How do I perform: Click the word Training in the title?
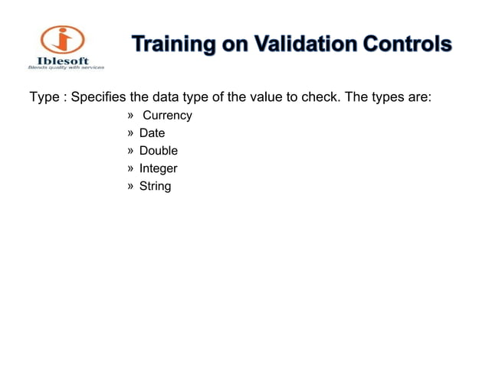(x=168, y=45)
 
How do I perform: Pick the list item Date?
(x=152, y=133)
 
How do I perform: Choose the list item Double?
(x=158, y=151)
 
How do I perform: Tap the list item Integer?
(x=158, y=168)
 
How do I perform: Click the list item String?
(x=155, y=186)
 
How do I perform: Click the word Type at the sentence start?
(x=43, y=99)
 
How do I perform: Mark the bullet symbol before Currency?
(x=130, y=116)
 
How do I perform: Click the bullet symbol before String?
(x=130, y=186)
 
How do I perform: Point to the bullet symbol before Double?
(x=130, y=151)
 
